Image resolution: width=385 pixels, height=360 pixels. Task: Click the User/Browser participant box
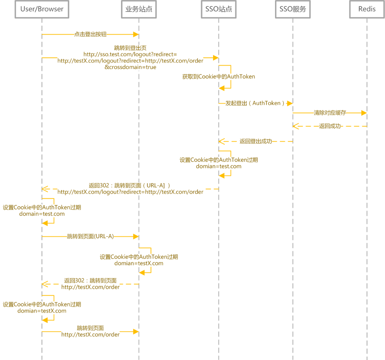42,9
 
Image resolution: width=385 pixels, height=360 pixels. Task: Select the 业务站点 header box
139,9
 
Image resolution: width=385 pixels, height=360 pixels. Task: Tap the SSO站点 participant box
219,9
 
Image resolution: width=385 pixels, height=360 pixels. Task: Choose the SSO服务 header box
293,9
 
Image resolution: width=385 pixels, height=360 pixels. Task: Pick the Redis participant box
367,9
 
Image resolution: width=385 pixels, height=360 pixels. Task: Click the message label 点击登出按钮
90,34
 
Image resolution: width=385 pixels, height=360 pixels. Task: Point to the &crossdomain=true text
130,67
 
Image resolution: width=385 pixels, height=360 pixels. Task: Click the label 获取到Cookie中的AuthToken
219,77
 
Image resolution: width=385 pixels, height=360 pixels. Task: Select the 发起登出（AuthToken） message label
255,103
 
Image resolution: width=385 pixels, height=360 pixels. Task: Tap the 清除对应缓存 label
330,113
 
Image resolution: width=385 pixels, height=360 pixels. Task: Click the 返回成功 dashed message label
330,126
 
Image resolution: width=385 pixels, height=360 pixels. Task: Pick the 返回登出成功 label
256,141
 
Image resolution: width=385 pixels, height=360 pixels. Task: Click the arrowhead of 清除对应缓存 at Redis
364,113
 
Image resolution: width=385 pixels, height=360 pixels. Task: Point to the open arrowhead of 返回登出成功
222,141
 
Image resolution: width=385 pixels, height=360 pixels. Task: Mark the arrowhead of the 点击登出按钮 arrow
136,34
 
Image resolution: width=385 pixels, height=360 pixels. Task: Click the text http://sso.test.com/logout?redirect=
130,54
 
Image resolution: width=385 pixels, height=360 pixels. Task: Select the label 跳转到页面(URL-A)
90,236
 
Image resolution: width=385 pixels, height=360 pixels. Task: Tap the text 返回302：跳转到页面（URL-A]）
129,185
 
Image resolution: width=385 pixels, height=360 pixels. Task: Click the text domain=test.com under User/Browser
42,214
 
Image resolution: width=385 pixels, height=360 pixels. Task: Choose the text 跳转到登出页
130,48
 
